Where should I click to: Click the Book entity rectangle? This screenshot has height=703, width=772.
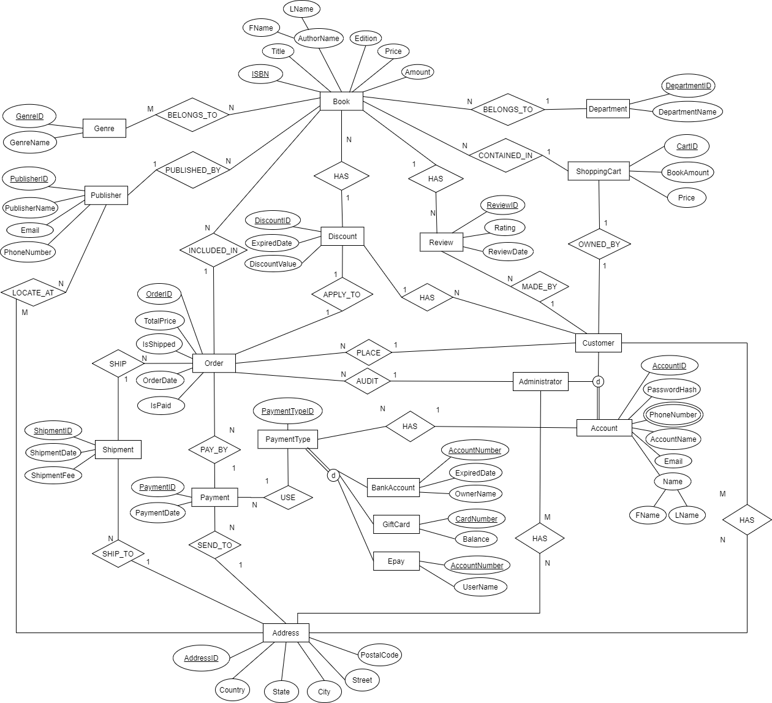pos(341,102)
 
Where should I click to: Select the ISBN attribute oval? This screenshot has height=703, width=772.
pos(260,74)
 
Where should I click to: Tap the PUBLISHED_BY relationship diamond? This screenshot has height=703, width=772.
pos(193,170)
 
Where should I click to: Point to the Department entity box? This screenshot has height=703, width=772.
pos(608,109)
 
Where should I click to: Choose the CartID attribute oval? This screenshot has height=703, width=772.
pos(687,146)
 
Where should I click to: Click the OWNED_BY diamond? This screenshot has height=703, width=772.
pos(599,245)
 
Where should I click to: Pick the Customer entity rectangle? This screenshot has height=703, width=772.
pos(598,343)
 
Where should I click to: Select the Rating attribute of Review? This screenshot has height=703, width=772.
pos(505,228)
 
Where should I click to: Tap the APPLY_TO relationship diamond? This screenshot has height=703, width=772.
pos(342,295)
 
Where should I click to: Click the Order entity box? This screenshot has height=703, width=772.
pos(214,363)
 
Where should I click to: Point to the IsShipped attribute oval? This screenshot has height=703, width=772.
pos(159,344)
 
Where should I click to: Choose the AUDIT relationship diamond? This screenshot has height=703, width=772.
pos(368,381)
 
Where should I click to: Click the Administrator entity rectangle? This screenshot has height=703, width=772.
pos(540,382)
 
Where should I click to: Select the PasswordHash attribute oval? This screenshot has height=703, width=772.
pos(672,390)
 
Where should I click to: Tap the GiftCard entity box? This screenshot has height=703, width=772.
pos(396,525)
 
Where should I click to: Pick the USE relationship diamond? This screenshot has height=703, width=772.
pos(288,498)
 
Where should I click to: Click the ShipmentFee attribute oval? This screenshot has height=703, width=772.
pos(53,476)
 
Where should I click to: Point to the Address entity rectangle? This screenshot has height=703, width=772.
pos(286,633)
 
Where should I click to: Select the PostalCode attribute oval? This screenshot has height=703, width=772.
pos(380,655)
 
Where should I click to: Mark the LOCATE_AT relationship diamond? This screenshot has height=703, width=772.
pos(33,293)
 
